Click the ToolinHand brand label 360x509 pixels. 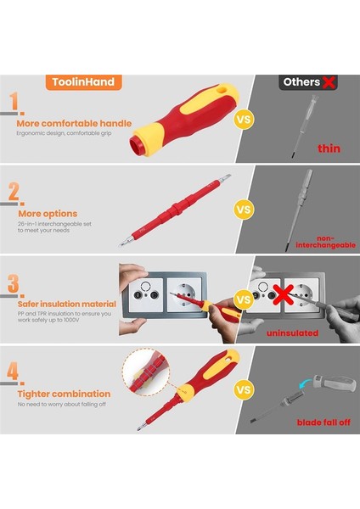(83, 82)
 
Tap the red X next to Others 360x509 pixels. (329, 82)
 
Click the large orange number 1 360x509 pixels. (14, 101)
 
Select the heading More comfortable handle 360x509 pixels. (74, 123)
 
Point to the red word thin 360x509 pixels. (329, 148)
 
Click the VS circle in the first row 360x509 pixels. (244, 120)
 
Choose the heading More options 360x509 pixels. (48, 214)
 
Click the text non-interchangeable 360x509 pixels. (325, 242)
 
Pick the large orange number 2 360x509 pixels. (14, 192)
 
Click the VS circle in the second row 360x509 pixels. (244, 210)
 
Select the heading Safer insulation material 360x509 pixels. (66, 304)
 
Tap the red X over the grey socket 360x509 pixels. (284, 294)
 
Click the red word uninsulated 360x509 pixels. (292, 333)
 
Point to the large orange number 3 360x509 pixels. (14, 283)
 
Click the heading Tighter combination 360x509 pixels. (64, 394)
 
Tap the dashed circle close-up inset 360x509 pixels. (146, 372)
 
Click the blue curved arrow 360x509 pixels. (306, 382)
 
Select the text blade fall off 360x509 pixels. (323, 422)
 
